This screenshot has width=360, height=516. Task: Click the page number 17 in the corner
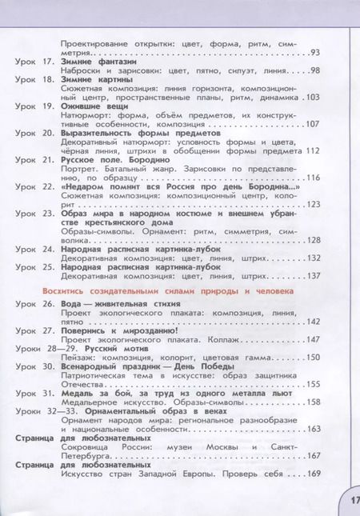point(351,501)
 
